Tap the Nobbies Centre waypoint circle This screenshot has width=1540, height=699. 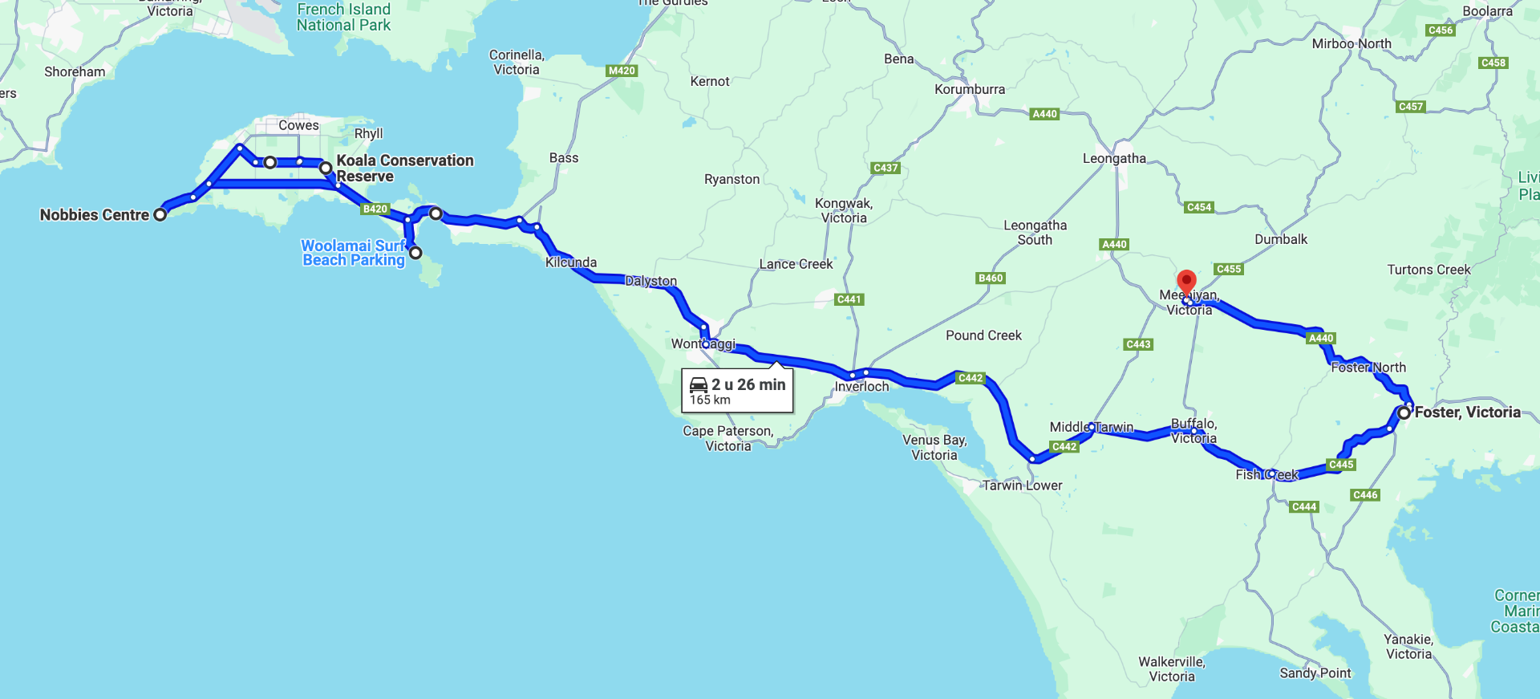pos(160,214)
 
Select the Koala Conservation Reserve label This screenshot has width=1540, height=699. pos(404,169)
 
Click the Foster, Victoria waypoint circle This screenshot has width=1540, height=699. pos(1404,412)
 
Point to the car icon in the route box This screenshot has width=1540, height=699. pos(699,384)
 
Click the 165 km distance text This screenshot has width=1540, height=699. pos(710,400)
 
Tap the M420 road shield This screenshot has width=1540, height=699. pos(622,71)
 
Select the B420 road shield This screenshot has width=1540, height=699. pos(375,209)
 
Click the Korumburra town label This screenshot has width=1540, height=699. pos(969,89)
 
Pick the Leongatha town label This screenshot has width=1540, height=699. pos(1114,158)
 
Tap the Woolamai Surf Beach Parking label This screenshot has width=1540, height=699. pos(354,253)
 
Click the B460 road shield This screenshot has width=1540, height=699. pos(991,278)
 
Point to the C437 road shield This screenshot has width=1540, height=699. pos(885,168)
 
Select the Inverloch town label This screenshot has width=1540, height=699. pos(861,386)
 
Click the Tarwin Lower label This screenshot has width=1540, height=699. pos(1022,486)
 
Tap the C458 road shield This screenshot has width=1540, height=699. pos(1493,63)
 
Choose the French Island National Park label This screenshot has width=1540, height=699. pos(343,17)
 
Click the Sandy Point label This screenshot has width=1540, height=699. pos(1315,673)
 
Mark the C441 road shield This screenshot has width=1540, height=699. pos(849,299)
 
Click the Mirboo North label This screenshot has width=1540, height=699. pos(1351,43)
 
